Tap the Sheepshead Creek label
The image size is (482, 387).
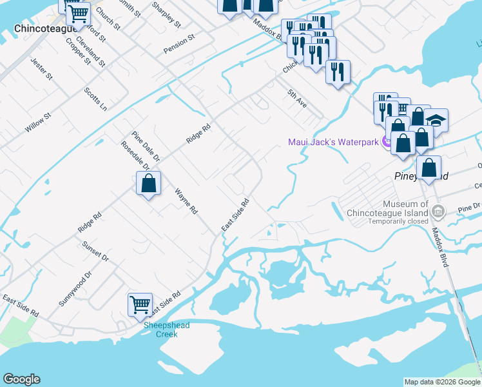(x=166, y=330)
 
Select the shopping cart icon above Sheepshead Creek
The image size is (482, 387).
(x=140, y=303)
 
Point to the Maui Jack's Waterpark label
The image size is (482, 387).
(x=332, y=141)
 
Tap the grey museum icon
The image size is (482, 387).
(x=438, y=211)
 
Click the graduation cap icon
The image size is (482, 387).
(x=436, y=120)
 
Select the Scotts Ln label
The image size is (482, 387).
(x=95, y=99)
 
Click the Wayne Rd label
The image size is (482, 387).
(x=186, y=201)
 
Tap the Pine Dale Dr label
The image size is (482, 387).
(x=145, y=146)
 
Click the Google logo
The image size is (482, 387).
(x=21, y=379)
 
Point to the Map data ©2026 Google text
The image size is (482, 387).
(x=441, y=382)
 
